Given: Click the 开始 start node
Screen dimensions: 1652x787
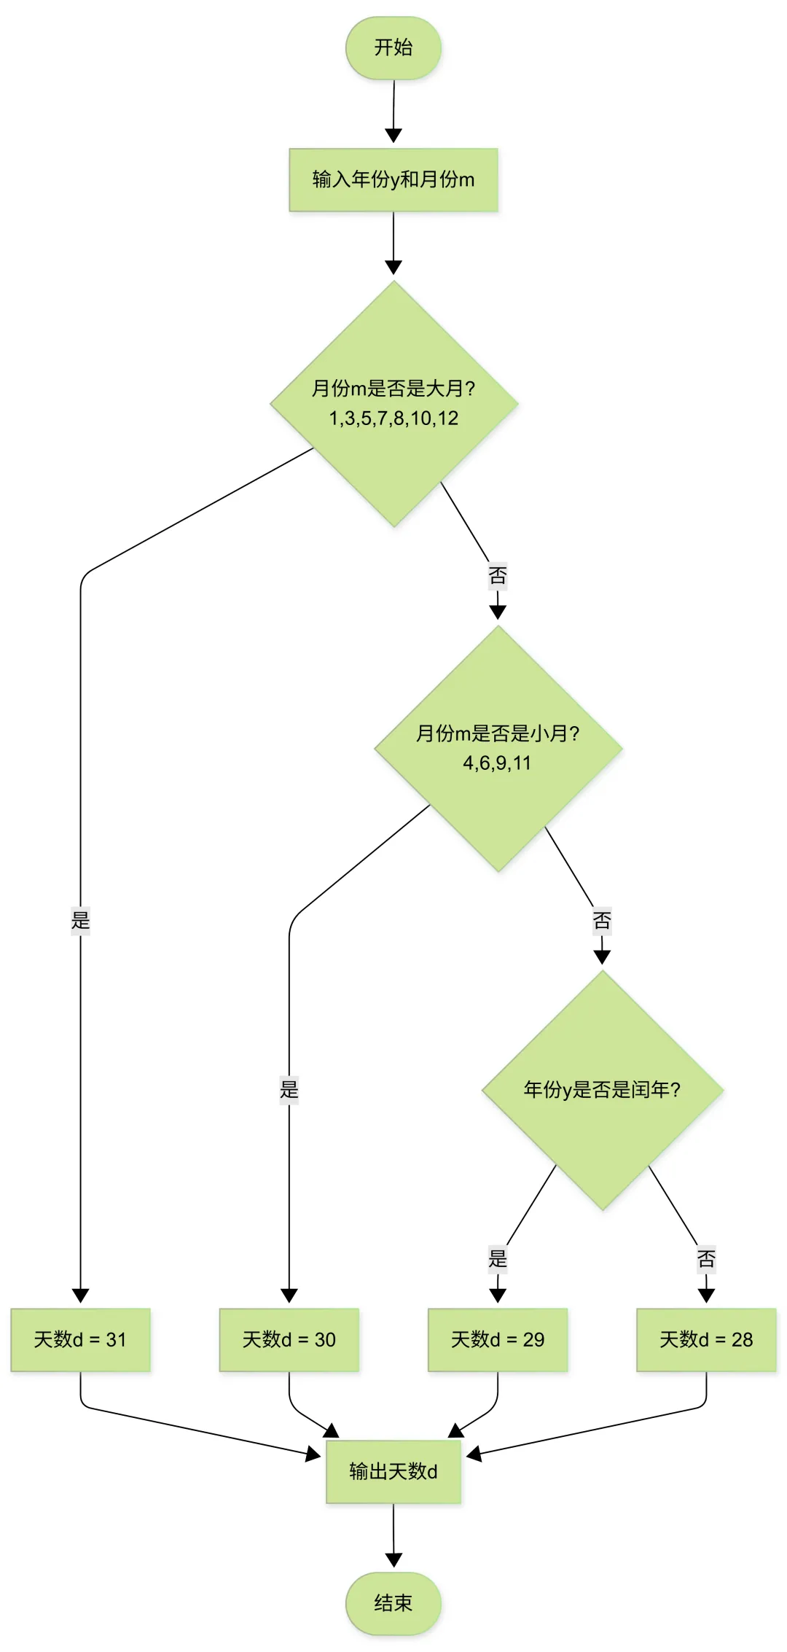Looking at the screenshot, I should click(393, 48).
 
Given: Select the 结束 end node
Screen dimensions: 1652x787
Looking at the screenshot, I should click(393, 1603).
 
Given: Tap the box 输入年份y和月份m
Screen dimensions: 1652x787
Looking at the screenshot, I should click(393, 180).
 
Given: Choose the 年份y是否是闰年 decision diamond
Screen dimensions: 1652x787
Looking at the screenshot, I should click(602, 1090).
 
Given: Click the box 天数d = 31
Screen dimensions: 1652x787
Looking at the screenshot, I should click(80, 1340).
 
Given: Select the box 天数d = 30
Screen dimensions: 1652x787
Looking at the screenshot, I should click(289, 1340).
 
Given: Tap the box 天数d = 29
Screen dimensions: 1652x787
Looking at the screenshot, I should click(498, 1340).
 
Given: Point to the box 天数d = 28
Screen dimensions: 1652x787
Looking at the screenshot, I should click(706, 1340).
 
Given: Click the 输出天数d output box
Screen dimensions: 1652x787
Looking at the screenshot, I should click(393, 1472).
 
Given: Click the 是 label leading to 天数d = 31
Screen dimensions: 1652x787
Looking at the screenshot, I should click(80, 920).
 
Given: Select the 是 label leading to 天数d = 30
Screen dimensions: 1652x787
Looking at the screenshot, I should click(289, 1090).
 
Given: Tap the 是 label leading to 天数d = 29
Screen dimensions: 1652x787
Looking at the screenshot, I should click(498, 1258).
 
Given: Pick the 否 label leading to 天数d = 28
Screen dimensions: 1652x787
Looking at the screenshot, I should click(706, 1258).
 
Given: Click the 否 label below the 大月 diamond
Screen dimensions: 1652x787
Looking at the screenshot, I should click(498, 576).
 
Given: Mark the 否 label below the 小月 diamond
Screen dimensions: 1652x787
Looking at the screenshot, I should click(602, 920).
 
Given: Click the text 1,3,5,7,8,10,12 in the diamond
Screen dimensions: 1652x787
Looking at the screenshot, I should click(393, 418).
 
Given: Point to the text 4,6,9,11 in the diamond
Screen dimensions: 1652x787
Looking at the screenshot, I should click(498, 763).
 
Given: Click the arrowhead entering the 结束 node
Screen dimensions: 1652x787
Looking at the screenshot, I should click(393, 1560).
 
